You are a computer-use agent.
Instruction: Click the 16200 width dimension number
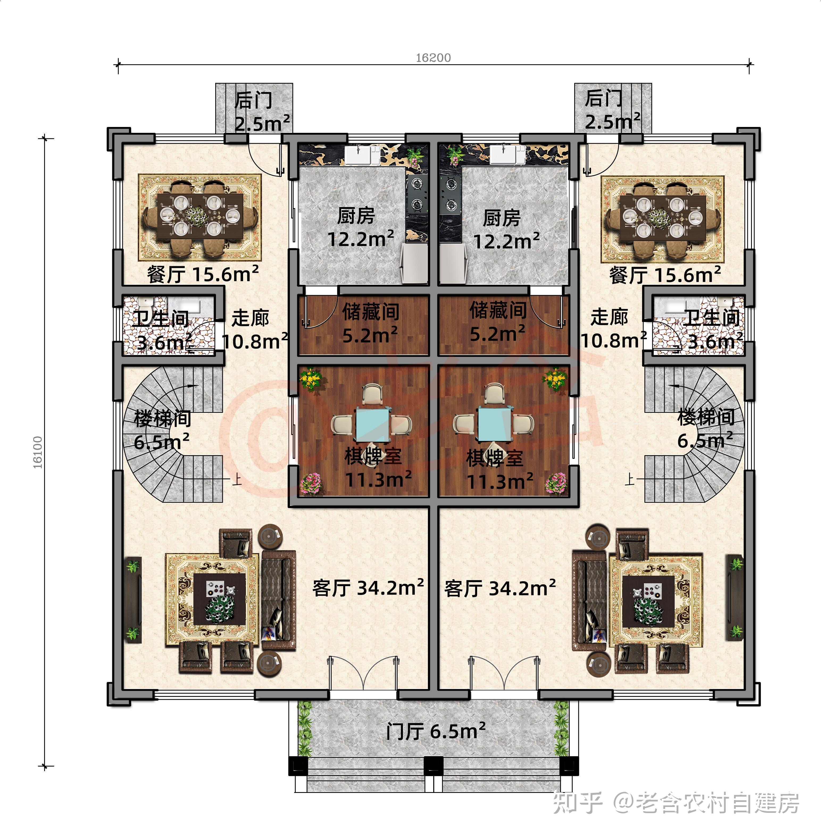pos(433,58)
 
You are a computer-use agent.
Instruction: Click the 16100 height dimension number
pos(38,452)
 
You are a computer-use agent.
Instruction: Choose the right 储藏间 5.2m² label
pos(498,322)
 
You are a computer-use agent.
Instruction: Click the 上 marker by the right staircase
pos(630,479)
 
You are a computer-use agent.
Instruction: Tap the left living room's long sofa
pos(278,600)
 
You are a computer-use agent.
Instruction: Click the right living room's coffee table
pos(648,601)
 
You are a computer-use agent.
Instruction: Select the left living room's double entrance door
pos(363,673)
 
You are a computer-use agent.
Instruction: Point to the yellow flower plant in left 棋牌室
pos(311,379)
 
